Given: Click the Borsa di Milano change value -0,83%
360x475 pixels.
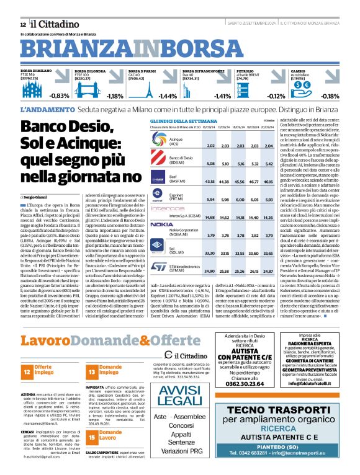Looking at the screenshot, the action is point(60,96).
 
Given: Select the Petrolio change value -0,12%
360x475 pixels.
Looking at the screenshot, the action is point(276,96).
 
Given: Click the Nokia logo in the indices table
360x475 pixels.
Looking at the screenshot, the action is point(161,224).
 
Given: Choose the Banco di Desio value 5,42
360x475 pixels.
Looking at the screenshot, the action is point(269,164).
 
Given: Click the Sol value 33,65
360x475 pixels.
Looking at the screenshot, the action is point(269,254).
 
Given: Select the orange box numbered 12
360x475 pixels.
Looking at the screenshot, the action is point(27,371).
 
